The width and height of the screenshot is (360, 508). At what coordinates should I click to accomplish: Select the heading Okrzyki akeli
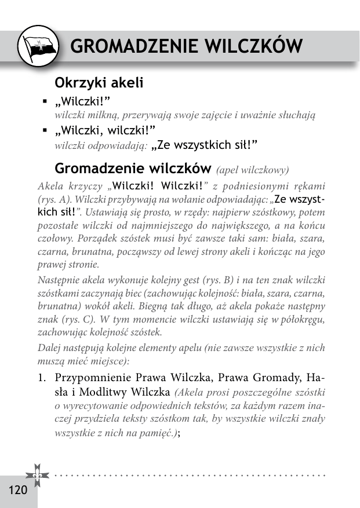coord(99,83)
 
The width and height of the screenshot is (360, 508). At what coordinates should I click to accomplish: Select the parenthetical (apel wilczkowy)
coord(252,170)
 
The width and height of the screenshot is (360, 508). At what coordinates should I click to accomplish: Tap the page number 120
coord(18,490)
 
